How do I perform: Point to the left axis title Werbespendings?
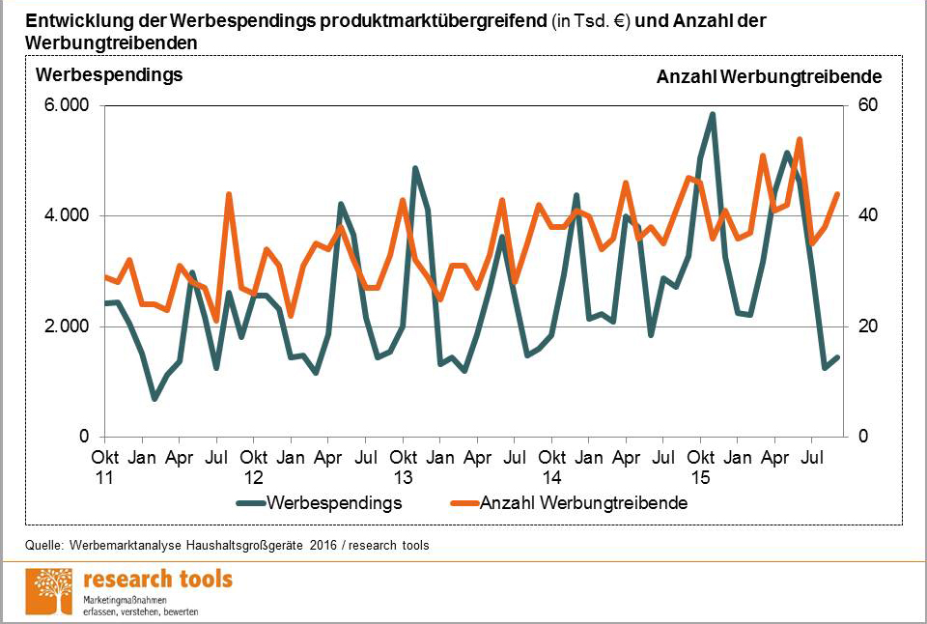(x=109, y=75)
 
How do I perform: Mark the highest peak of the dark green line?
(x=713, y=114)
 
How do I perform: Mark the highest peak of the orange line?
(x=800, y=140)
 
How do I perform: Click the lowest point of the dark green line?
(x=154, y=398)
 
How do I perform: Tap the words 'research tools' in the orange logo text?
(x=158, y=580)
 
